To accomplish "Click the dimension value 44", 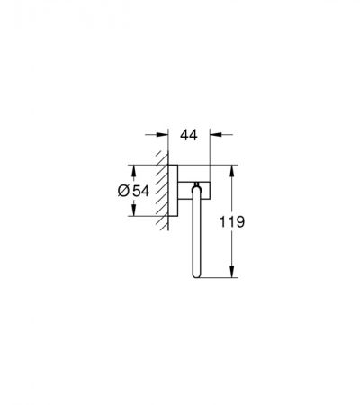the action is pos(189,135).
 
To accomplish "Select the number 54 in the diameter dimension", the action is pos(141,191).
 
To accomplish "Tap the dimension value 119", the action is pos(232,222).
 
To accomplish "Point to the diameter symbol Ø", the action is pos(123,191).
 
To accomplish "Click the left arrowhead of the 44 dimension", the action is pos(163,135).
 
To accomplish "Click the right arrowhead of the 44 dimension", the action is pos(215,135).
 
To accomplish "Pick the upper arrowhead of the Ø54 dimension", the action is pos(134,170).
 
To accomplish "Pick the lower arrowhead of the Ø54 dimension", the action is pos(134,211).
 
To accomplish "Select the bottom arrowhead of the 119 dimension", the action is pos(231,272).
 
